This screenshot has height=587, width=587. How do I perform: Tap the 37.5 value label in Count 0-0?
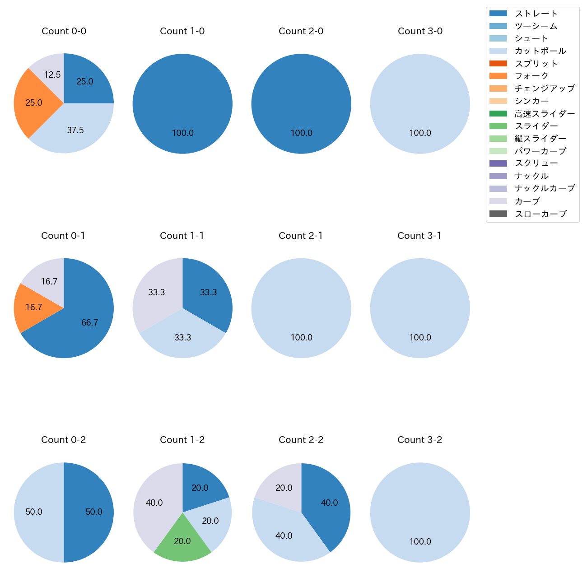pyautogui.click(x=75, y=130)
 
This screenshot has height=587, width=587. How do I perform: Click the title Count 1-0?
pyautogui.click(x=182, y=31)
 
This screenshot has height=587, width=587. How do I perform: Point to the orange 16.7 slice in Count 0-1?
pyautogui.click(x=34, y=307)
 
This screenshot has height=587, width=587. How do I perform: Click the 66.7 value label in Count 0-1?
pyautogui.click(x=90, y=323)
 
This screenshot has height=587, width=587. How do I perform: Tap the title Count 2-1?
pyautogui.click(x=301, y=236)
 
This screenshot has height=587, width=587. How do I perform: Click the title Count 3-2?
pyautogui.click(x=420, y=440)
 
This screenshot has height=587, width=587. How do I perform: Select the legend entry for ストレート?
pyautogui.click(x=536, y=14)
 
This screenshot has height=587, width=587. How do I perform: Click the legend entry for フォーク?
pyautogui.click(x=531, y=76)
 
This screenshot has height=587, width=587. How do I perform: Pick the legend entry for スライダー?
pyautogui.click(x=536, y=126)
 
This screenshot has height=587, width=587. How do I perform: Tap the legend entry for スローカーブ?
pyautogui.click(x=540, y=214)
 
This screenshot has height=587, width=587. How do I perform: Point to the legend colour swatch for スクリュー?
pyautogui.click(x=498, y=163)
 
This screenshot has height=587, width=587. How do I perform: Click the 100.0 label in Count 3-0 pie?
pyautogui.click(x=420, y=133)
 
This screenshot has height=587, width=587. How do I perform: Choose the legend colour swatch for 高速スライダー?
pyautogui.click(x=498, y=113)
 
